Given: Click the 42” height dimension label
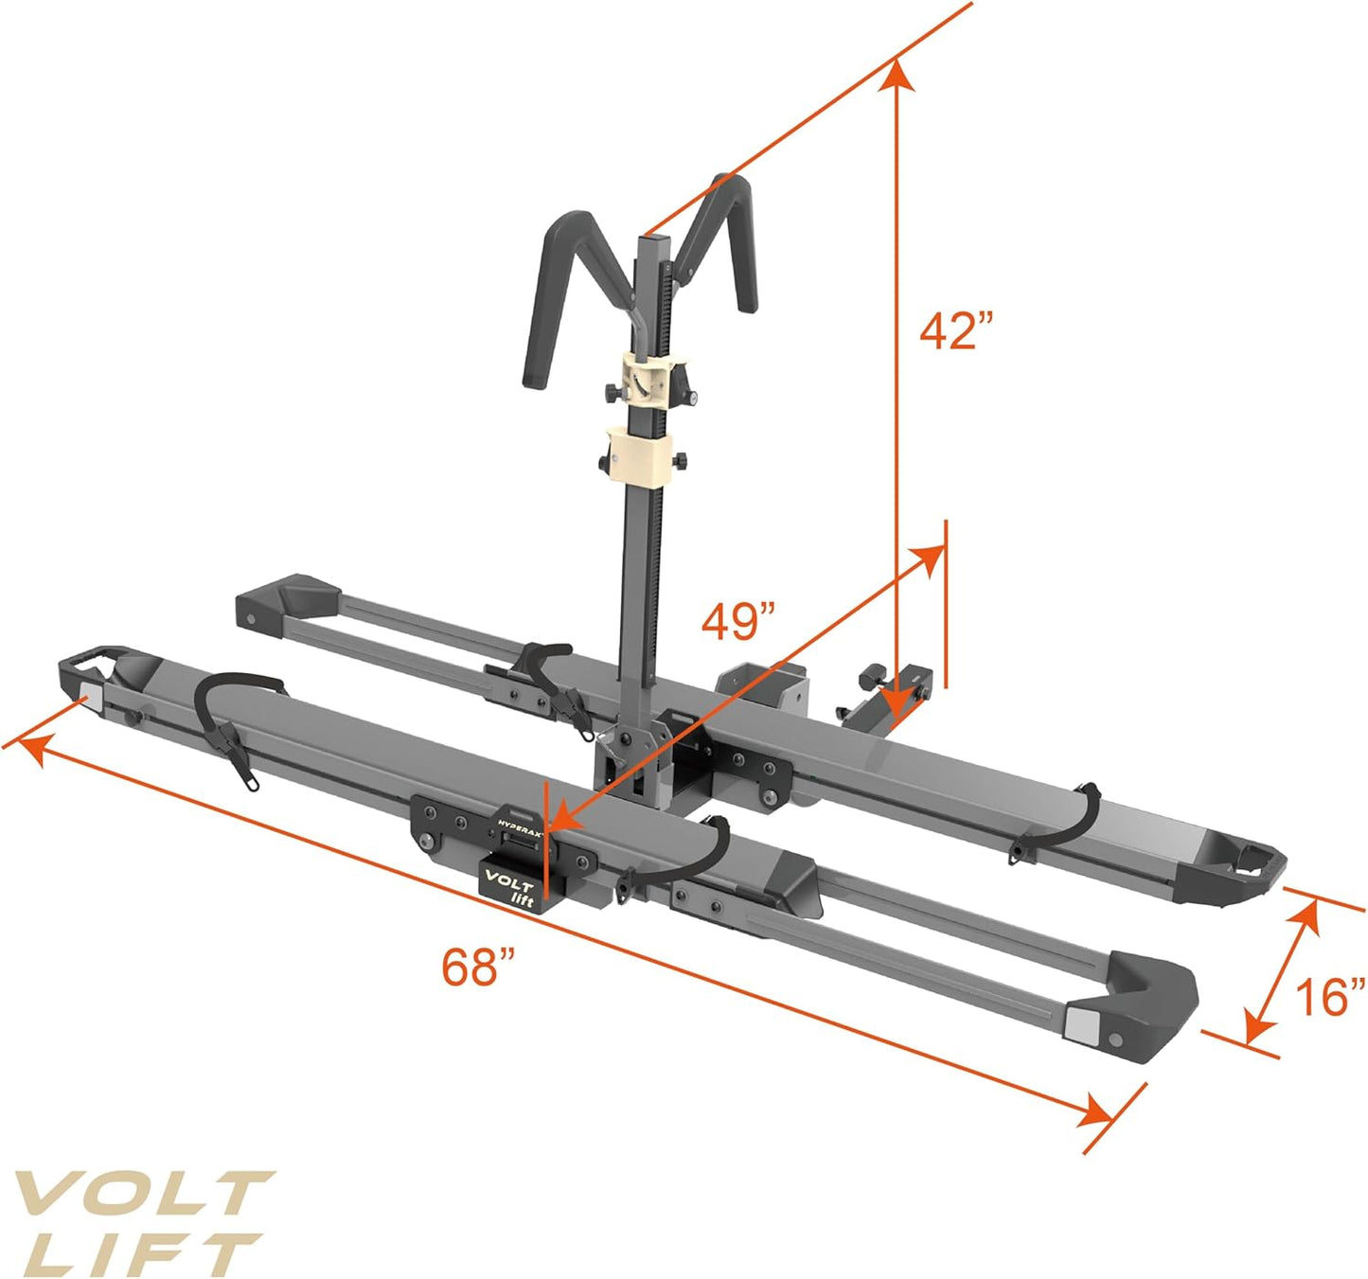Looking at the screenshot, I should [956, 331].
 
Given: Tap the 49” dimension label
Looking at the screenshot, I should [737, 622].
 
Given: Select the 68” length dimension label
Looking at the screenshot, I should [478, 967].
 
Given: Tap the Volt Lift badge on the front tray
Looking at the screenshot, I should [512, 883].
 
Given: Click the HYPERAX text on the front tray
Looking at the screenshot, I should [521, 821].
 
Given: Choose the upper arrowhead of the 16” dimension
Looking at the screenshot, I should [1306, 915].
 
